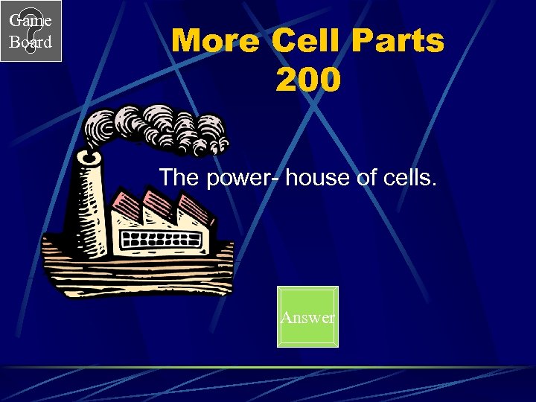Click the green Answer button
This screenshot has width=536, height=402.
point(307,317)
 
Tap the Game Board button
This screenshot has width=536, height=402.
point(31,31)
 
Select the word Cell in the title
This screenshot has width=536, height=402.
point(305,42)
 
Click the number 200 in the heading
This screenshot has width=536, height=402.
point(307,80)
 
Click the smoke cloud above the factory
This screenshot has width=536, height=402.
point(160,129)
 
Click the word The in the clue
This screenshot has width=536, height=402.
point(178,177)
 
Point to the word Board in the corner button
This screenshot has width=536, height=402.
point(31,42)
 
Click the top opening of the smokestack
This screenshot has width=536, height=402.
point(89,158)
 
